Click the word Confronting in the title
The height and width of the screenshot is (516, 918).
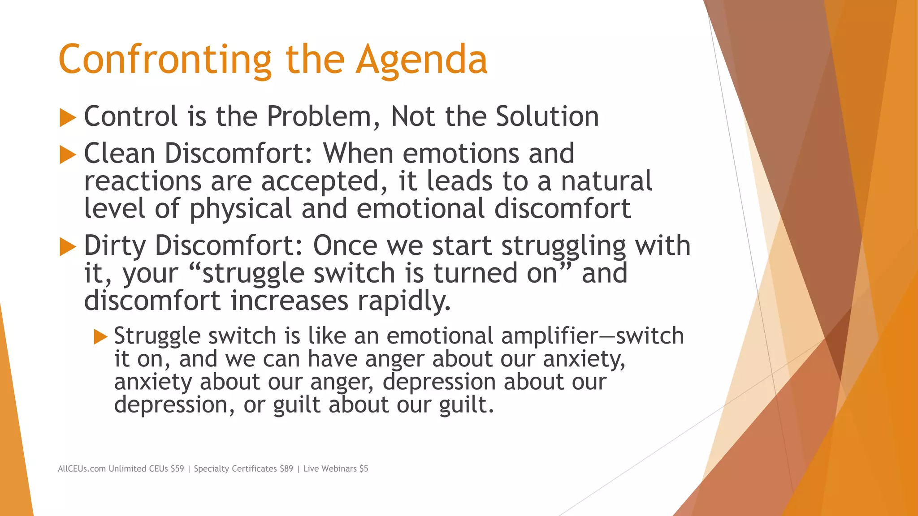tap(165, 60)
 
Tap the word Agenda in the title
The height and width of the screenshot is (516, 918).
tap(421, 60)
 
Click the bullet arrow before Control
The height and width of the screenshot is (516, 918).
tap(68, 118)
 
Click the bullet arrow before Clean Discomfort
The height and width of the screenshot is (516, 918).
tap(68, 155)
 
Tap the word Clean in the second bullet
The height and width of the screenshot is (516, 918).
tap(119, 154)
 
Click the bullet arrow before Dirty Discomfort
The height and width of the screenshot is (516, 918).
tap(68, 247)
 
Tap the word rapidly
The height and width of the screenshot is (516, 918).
tap(403, 301)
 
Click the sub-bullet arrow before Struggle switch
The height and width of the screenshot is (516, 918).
tap(100, 337)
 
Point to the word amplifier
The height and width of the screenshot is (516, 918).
tap(550, 336)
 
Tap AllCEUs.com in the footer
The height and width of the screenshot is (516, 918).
tap(82, 469)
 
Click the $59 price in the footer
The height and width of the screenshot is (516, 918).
tap(177, 469)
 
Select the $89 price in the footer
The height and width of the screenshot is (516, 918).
tap(286, 469)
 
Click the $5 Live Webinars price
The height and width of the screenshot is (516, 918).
tap(364, 469)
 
